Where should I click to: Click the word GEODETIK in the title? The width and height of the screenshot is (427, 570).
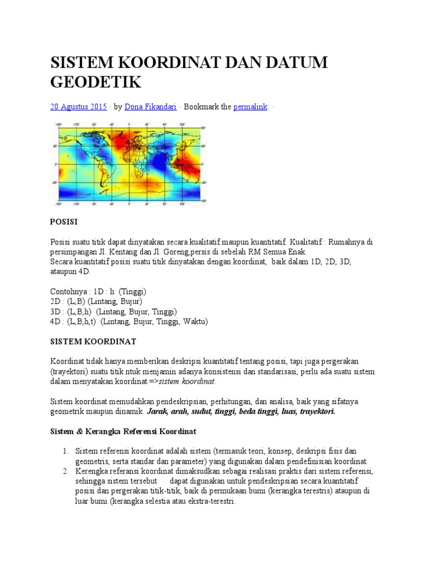click(x=96, y=82)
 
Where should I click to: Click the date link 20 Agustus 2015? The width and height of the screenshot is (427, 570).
click(x=78, y=107)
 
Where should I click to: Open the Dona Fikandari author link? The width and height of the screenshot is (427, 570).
click(x=149, y=107)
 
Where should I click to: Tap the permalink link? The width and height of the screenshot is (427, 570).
click(x=251, y=107)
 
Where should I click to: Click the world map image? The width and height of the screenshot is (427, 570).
click(x=128, y=165)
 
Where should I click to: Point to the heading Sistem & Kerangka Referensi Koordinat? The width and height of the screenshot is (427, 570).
click(x=123, y=431)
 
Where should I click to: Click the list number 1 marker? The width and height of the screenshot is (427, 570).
click(x=64, y=451)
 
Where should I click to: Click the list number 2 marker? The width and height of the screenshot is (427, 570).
click(x=64, y=471)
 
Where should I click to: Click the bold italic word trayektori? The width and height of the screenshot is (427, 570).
click(x=315, y=411)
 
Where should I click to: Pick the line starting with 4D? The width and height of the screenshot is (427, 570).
click(x=129, y=322)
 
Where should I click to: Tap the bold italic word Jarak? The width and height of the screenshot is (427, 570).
click(x=158, y=411)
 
